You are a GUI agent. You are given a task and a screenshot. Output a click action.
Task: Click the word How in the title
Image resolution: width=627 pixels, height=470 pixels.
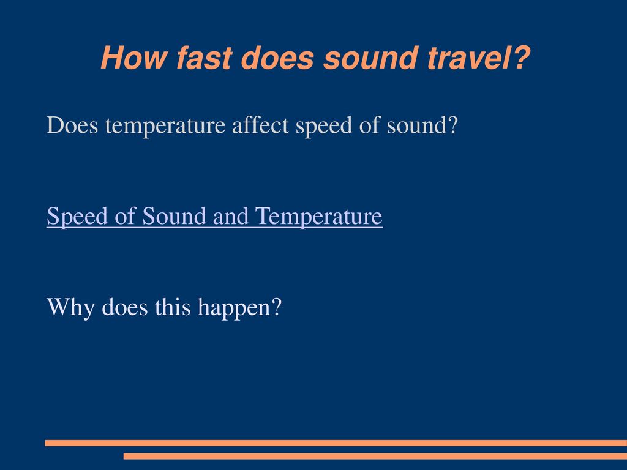tap(133, 58)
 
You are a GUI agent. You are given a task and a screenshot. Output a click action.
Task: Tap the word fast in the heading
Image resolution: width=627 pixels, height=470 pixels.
tap(205, 58)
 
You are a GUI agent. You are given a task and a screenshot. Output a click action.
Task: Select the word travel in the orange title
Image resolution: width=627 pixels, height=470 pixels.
tap(467, 58)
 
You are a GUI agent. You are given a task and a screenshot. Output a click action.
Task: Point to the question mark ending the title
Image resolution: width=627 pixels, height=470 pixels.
tap(520, 57)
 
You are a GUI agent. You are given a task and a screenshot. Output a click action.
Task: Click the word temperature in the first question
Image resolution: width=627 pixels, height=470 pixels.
tap(165, 126)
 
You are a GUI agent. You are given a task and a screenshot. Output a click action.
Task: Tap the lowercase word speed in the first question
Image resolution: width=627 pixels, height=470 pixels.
tap(324, 126)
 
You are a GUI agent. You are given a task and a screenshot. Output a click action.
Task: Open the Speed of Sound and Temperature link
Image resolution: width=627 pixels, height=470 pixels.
tap(215, 216)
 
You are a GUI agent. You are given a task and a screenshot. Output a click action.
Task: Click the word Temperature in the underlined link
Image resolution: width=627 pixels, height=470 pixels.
tap(318, 217)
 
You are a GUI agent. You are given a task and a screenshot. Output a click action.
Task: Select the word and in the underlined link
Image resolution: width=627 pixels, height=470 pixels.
tap(231, 216)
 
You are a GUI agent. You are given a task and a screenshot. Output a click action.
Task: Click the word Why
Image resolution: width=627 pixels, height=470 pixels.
tap(71, 308)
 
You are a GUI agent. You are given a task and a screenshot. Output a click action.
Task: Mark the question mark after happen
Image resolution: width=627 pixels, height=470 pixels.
tap(277, 307)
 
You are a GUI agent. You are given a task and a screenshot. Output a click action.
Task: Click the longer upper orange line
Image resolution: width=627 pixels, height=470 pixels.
tap(336, 443)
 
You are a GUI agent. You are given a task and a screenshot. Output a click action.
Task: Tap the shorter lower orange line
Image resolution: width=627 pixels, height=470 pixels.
tap(375, 456)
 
